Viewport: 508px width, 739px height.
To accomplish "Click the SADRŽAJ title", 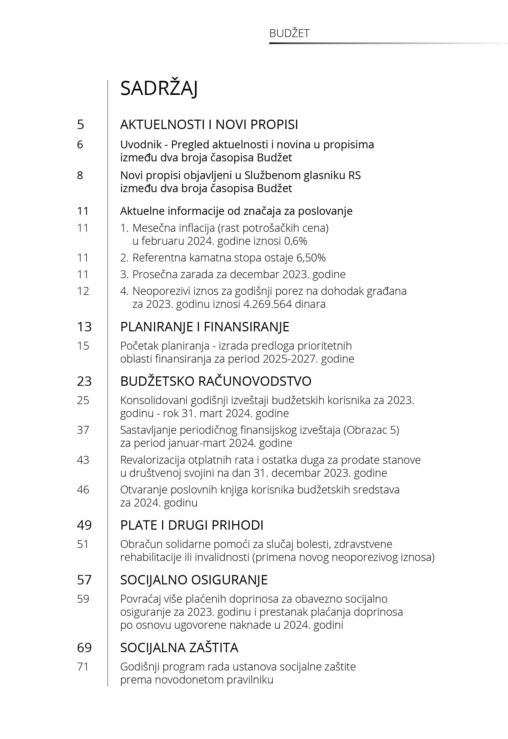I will pyautogui.click(x=159, y=88).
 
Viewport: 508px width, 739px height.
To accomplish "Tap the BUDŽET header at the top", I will pyautogui.click(x=289, y=33).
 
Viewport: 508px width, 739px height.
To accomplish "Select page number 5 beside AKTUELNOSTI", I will pyautogui.click(x=81, y=124).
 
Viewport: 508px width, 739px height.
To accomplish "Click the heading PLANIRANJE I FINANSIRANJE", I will pyautogui.click(x=205, y=327).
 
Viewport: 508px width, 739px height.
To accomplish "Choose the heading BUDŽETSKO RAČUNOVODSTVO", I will pyautogui.click(x=216, y=381).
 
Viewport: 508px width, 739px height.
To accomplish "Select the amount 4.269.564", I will pyautogui.click(x=267, y=304).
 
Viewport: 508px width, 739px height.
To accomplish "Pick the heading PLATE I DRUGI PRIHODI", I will pyautogui.click(x=192, y=525).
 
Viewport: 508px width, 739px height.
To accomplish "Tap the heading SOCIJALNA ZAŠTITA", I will pyautogui.click(x=179, y=648).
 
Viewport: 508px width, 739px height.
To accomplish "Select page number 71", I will pyautogui.click(x=83, y=667).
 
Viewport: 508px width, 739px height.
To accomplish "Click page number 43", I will pyautogui.click(x=83, y=460).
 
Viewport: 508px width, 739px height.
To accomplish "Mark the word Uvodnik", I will pyautogui.click(x=141, y=145).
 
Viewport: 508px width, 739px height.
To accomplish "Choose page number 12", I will pyautogui.click(x=83, y=291).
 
